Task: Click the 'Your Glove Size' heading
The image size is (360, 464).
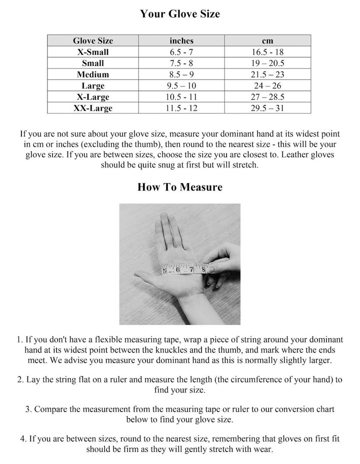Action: (179, 14)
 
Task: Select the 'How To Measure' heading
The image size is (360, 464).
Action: (179, 187)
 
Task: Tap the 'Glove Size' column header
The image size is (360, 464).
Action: (92, 40)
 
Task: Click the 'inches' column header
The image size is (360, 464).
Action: (181, 40)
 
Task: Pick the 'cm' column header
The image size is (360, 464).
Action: (267, 40)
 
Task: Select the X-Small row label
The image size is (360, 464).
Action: (92, 52)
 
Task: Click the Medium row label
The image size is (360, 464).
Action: (92, 74)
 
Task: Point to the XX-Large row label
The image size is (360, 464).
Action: (92, 108)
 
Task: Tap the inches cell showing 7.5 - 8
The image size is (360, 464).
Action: (181, 63)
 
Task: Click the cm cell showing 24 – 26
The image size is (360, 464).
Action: (267, 85)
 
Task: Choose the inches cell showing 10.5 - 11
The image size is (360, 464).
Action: (181, 97)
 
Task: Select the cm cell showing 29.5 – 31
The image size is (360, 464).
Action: (267, 108)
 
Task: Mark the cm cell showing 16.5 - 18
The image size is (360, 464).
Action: (267, 52)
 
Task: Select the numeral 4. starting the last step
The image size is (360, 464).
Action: (23, 438)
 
